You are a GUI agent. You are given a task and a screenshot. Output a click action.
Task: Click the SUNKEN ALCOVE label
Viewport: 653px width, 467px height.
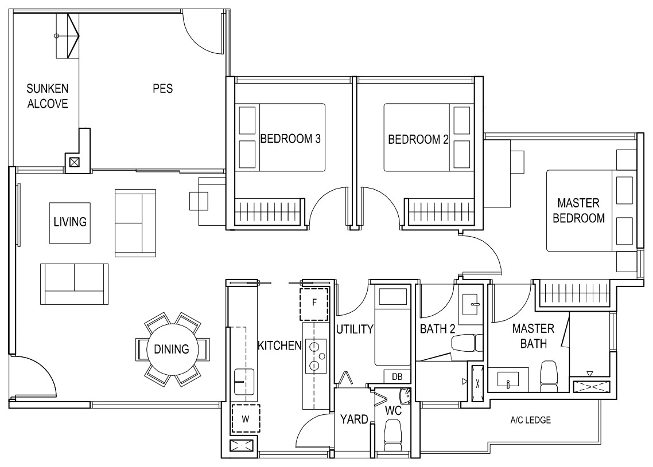[48, 96]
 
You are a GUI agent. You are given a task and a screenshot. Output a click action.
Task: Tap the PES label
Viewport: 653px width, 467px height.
[163, 89]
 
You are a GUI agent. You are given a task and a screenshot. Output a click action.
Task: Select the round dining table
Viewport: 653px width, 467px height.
[172, 349]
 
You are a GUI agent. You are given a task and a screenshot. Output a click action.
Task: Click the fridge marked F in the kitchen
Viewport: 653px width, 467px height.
[314, 303]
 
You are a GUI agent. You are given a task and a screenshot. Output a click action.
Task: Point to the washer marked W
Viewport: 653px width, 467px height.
[246, 418]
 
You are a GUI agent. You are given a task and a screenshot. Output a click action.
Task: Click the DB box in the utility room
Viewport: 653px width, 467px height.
[397, 377]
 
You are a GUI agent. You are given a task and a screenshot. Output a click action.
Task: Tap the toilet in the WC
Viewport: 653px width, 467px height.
[392, 435]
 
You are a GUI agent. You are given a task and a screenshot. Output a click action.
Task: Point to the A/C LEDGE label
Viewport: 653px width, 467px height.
[531, 420]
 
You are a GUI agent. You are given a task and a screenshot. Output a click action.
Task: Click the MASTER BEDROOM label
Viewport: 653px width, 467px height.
[578, 210]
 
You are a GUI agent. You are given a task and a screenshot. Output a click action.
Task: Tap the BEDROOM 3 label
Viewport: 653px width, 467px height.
[290, 139]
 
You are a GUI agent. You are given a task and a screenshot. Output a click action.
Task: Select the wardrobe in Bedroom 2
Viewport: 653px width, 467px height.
[441, 212]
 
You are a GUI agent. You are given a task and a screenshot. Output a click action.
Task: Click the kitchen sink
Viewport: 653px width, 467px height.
[244, 381]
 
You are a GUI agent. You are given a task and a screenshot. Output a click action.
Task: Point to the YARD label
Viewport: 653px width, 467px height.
[354, 419]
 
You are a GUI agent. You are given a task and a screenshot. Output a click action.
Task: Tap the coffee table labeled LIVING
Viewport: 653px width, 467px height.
[70, 223]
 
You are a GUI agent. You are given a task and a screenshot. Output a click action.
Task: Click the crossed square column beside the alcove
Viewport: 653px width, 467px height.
[74, 162]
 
